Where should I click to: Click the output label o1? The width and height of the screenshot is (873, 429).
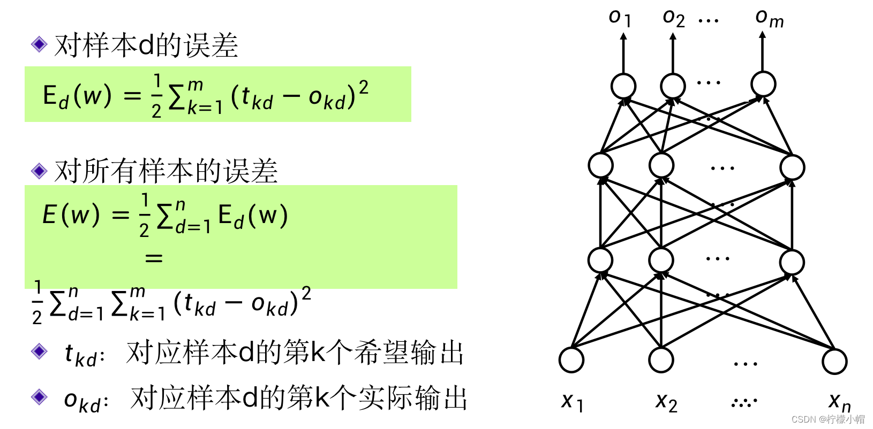click(x=620, y=18)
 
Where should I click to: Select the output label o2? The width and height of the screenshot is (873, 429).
click(x=673, y=18)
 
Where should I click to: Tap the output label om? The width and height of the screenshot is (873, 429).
click(x=769, y=18)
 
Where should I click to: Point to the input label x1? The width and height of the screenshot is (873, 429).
click(x=572, y=401)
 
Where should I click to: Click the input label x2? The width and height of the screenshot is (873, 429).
click(x=666, y=401)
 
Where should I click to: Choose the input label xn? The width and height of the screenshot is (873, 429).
click(x=839, y=401)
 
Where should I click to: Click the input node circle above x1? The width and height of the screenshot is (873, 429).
click(x=571, y=360)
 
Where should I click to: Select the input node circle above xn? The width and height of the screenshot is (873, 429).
click(x=834, y=361)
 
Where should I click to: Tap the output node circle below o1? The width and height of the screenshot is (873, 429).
click(x=623, y=86)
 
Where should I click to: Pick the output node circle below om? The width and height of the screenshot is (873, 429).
click(x=763, y=84)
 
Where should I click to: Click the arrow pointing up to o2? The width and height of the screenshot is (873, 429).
click(x=673, y=53)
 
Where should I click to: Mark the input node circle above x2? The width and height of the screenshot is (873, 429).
click(x=661, y=360)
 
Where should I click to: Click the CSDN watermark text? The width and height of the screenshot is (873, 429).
click(x=827, y=419)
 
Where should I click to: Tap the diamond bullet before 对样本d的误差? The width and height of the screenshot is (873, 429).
click(x=39, y=44)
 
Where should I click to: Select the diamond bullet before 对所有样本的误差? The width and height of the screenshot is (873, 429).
click(x=39, y=171)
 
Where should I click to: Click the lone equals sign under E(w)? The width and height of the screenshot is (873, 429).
click(x=154, y=258)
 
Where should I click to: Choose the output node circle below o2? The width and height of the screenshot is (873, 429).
click(x=673, y=86)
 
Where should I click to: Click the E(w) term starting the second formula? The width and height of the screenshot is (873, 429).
click(x=71, y=215)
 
